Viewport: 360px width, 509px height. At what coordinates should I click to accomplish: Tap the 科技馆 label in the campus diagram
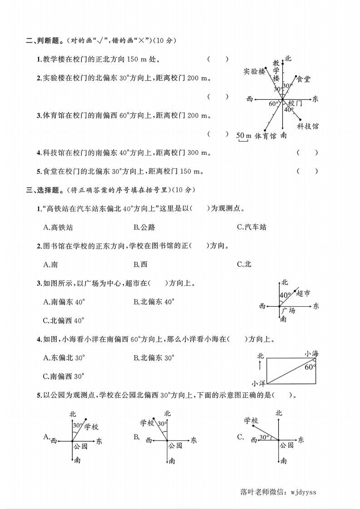308,126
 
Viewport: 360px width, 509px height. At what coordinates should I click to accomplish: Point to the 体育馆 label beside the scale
266,136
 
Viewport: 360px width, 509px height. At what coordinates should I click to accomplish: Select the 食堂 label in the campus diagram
303,79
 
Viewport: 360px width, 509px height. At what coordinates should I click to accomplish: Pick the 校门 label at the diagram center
295,103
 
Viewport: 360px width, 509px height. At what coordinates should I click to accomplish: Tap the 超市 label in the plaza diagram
303,294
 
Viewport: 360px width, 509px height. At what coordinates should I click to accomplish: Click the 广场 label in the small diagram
288,310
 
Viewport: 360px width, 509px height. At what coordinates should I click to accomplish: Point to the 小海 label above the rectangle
311,352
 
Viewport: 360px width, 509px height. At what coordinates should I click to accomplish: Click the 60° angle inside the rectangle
310,367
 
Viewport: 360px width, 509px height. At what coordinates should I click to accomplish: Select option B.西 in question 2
140,264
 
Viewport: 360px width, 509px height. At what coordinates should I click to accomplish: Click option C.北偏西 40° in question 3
64,320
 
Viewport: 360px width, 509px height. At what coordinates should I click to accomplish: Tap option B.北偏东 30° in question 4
154,357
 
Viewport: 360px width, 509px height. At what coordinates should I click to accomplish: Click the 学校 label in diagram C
251,421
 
